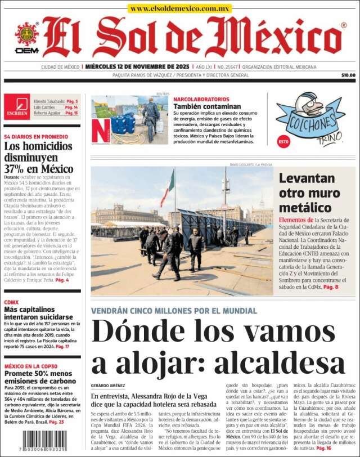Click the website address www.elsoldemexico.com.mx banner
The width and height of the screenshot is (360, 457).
point(179,8)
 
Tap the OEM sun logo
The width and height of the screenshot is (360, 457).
point(26,35)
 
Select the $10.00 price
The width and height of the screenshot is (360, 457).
point(348,75)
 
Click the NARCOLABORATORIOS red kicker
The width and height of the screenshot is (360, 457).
point(201,99)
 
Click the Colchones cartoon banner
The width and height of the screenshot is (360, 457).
point(310,119)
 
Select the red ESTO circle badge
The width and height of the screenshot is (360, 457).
point(283,142)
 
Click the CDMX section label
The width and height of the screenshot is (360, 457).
point(11,302)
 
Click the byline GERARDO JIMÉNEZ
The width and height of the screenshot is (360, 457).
point(107,386)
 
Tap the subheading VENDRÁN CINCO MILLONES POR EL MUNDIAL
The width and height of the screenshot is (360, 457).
point(174,311)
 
